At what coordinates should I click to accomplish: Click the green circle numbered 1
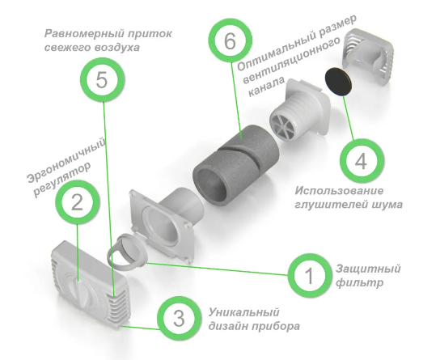pos(309,275)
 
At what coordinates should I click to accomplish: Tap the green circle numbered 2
pos(77,202)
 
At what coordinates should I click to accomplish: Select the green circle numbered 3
pos(179,318)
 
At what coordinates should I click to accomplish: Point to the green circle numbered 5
pos(102,80)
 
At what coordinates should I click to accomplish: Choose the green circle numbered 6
pos(231,41)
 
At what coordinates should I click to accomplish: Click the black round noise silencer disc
pos(339,82)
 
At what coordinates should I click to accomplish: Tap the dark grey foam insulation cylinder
pos(236,161)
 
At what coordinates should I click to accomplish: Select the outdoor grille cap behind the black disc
pos(368,54)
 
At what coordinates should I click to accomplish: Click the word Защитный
pos(368,269)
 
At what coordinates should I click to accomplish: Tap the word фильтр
pos(360,282)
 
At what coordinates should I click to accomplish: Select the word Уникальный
pos(244,312)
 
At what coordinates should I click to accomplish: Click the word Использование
pos(339,191)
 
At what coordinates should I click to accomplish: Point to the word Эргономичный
pos(66,160)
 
